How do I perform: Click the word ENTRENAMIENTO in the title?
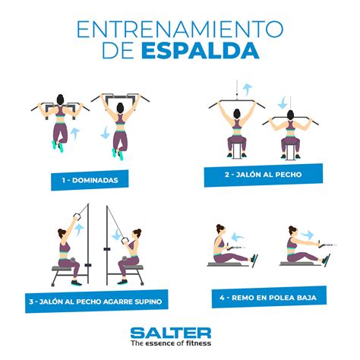[x=179, y=29]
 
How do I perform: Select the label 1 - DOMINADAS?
[x=95, y=181]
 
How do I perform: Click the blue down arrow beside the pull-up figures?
[x=104, y=134]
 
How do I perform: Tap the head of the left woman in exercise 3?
[x=64, y=232]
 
